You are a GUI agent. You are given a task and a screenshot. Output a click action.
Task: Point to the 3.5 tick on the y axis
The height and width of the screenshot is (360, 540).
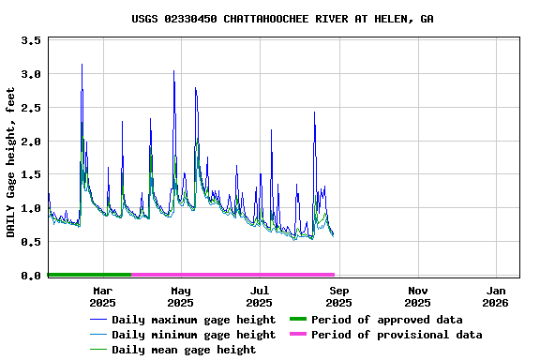pos(31,41)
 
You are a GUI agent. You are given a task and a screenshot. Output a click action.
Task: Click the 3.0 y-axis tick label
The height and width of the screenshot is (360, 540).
pos(31,74)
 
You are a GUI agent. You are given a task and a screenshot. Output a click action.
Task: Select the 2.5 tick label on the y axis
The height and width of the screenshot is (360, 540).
pos(31,108)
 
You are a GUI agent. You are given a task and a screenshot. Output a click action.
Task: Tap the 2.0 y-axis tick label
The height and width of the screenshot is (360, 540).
pos(31,142)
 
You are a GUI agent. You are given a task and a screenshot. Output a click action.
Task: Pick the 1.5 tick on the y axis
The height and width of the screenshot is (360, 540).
pos(31,175)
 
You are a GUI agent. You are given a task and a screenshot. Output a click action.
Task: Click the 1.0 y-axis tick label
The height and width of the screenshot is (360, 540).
pos(31,209)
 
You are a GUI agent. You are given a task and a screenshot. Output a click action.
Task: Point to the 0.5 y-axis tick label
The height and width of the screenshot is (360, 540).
pos(31,242)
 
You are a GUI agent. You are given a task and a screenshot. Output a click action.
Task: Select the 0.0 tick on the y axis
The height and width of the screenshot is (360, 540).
pos(31,276)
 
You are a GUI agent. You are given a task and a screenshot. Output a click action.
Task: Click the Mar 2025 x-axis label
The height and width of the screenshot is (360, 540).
pos(102,296)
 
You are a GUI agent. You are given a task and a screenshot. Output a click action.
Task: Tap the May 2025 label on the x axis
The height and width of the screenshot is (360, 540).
pos(181,296)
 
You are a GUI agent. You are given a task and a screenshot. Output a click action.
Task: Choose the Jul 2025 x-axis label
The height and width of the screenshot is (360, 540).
pos(260,296)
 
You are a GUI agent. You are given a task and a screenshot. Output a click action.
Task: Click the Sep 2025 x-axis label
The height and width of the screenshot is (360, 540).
pos(338,296)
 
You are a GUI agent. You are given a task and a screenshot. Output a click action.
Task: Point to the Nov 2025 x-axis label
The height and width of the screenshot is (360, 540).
pos(418,296)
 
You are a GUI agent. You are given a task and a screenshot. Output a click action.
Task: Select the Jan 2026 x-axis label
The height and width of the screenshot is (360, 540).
pos(497,296)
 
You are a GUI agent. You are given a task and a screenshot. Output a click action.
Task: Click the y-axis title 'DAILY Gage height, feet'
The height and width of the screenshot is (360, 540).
pos(11,162)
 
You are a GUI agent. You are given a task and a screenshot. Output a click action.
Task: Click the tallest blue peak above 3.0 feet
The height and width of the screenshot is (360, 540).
pos(82,65)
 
